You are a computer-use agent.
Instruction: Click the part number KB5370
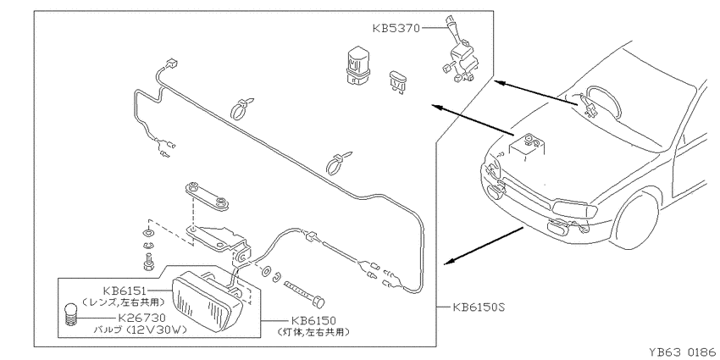click(396, 29)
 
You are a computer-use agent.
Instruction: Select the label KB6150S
click(479, 307)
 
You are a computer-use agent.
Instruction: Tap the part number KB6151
click(125, 291)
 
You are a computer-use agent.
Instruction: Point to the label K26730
click(142, 318)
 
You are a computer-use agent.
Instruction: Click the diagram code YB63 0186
click(684, 352)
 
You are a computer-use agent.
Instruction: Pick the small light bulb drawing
click(69, 314)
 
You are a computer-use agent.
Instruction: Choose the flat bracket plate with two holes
click(207, 196)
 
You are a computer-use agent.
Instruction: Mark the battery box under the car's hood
click(527, 147)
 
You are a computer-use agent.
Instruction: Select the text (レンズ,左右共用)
click(123, 302)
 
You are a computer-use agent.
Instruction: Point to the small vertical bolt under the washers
click(147, 261)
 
